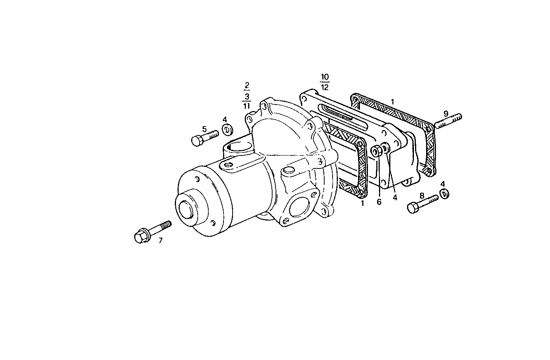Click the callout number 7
tap(160, 240)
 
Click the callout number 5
tap(204, 129)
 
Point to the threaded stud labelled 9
tap(448, 121)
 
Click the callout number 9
tap(446, 113)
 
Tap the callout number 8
tap(422, 195)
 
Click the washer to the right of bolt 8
tap(444, 194)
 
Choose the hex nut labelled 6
tap(377, 151)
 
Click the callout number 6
tap(379, 202)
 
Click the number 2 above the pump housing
tap(247, 85)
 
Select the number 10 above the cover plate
tap(325, 77)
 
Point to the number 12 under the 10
tap(325, 87)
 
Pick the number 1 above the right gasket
tap(393, 102)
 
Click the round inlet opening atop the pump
tap(240, 146)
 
